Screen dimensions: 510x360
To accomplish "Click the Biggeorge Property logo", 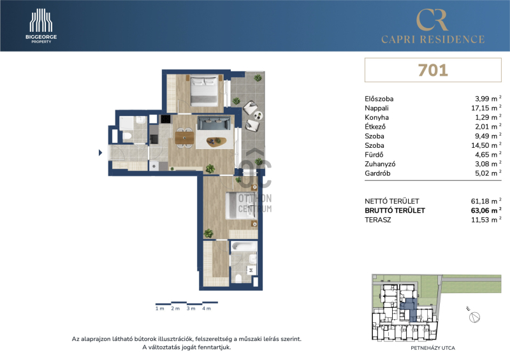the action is (x=41, y=26).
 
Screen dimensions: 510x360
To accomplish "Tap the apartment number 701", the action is (x=433, y=70).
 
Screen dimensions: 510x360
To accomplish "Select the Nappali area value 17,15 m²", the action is (x=486, y=108).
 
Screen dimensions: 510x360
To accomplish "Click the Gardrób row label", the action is (x=377, y=173).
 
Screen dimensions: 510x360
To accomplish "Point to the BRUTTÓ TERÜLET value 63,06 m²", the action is (x=486, y=210).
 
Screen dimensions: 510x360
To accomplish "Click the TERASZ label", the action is (x=378, y=220).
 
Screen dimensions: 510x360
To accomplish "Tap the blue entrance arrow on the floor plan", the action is (x=101, y=152).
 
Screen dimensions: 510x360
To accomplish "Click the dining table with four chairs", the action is (x=184, y=138).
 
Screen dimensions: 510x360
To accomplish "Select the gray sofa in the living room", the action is (x=215, y=123).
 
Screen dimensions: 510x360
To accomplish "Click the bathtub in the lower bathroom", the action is (x=244, y=246).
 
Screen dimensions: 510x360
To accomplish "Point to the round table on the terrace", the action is (x=258, y=115).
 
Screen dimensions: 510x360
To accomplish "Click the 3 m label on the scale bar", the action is (x=191, y=308).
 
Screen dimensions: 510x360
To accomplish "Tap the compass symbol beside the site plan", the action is (x=474, y=317).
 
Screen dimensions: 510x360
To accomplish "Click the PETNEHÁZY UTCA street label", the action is (x=433, y=348).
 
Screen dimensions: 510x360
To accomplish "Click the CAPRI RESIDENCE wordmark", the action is (x=433, y=40).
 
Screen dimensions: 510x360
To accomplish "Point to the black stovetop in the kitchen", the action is (x=166, y=119).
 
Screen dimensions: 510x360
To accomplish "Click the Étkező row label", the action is (x=375, y=127).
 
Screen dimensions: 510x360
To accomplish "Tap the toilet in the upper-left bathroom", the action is (x=127, y=136).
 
